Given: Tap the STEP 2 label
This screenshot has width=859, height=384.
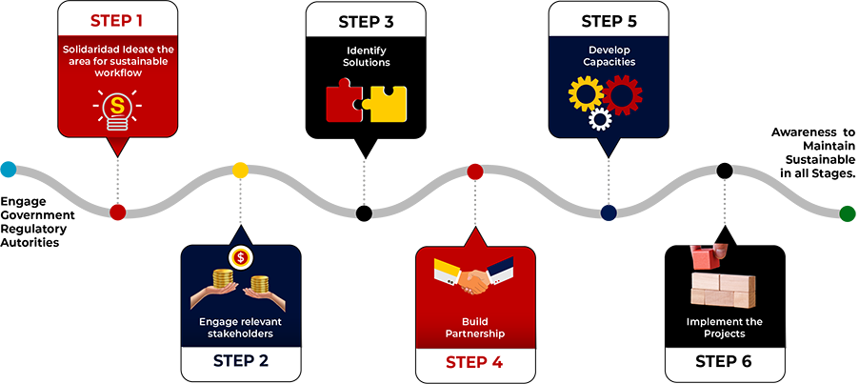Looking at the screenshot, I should tap(241, 361).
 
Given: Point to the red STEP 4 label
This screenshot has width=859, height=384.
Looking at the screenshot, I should tap(475, 362).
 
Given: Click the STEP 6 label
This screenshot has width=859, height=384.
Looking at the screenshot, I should tap(724, 361).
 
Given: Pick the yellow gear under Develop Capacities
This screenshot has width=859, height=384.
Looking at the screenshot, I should tap(584, 94).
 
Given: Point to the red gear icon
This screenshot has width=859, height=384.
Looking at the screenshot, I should tap(622, 94).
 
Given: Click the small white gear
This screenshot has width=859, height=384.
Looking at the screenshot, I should tap(600, 119).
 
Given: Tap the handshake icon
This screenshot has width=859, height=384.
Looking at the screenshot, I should tap(474, 276).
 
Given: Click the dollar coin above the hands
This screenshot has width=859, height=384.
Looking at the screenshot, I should tap(240, 257).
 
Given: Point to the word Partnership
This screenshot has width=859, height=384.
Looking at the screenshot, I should tap(474, 334).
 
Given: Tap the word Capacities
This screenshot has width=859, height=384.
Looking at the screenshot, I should tap(609, 62).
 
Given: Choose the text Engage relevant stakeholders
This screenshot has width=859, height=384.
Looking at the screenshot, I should tap(240, 328).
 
